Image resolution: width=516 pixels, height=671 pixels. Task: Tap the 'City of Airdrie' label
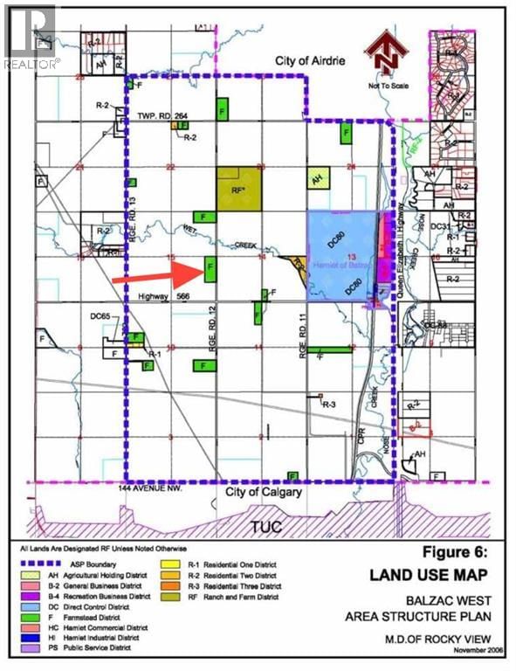(286, 61)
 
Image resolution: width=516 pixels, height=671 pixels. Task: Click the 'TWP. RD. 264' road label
(163, 116)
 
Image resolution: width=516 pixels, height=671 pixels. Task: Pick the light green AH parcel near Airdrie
(317, 176)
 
